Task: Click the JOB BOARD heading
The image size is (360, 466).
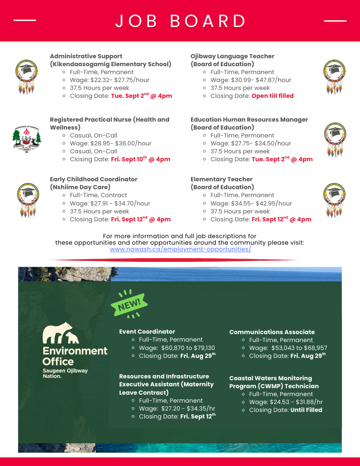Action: point(181,21)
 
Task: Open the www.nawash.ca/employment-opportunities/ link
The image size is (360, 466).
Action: point(180,249)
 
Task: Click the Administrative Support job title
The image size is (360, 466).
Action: point(86,56)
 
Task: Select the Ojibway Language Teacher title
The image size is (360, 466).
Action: point(232,56)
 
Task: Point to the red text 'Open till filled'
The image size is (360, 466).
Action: point(272,96)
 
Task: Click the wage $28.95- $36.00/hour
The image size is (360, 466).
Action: point(121,144)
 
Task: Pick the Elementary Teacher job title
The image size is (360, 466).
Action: point(221,179)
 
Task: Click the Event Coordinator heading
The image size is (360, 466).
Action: point(147,332)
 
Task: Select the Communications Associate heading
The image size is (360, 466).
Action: point(272,332)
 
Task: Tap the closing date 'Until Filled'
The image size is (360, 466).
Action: point(306,410)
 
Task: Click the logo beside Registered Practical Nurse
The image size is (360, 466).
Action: point(27,138)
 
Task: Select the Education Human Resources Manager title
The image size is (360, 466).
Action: point(249,120)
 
